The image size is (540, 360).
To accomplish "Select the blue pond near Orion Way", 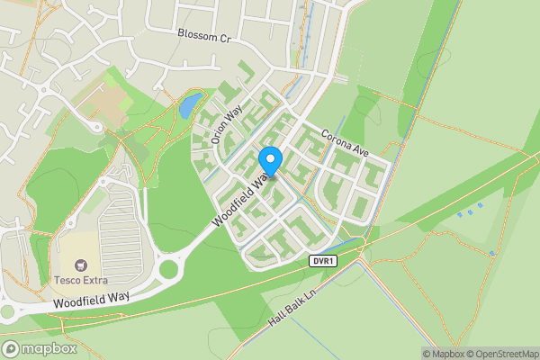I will click(x=190, y=106).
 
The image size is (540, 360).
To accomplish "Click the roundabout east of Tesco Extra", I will click(x=169, y=267).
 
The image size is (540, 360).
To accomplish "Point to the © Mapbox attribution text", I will click(x=443, y=354).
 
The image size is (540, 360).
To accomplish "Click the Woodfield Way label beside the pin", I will click(x=241, y=200).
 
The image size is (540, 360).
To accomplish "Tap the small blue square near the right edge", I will click(x=493, y=255).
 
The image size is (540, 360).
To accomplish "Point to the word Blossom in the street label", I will click(x=193, y=37).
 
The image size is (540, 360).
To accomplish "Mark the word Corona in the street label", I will click(x=335, y=137).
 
